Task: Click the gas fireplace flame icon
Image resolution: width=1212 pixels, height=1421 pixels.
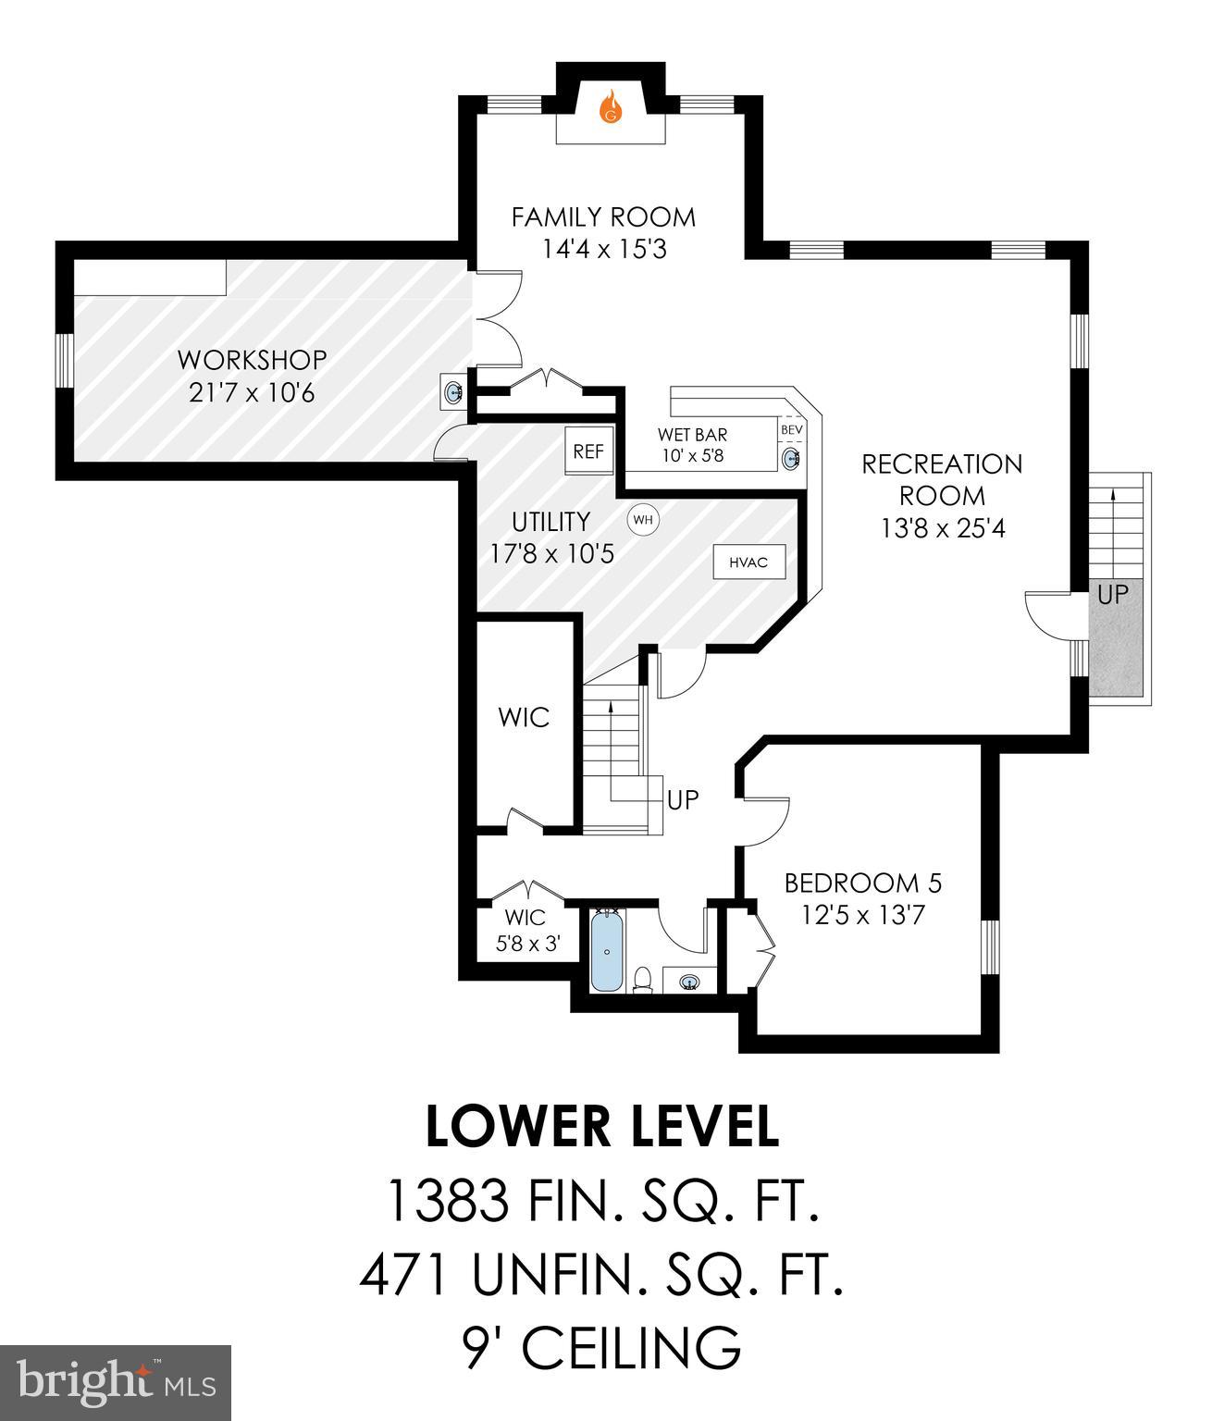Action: point(610,107)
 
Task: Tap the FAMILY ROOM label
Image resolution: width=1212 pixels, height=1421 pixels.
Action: point(603,217)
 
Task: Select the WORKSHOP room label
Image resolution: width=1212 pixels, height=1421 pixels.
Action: point(252,359)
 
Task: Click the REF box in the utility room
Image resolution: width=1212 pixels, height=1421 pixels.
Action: point(588,451)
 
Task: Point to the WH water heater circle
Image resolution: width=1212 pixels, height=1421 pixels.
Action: point(643,520)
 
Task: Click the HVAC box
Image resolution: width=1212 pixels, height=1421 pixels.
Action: point(748,562)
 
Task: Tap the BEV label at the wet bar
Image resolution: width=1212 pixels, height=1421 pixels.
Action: point(792,430)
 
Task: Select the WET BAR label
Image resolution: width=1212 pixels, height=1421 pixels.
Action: point(692,434)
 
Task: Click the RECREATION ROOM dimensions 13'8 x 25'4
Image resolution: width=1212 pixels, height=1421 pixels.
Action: point(943,527)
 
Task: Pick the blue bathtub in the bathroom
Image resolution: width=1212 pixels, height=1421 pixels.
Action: point(607,950)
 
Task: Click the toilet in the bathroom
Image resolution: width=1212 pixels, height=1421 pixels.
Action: point(643,979)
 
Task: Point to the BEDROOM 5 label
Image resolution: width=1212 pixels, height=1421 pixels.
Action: point(862,883)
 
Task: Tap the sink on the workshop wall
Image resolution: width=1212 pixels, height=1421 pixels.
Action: point(453,393)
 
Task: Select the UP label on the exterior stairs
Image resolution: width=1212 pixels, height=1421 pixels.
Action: point(1112,594)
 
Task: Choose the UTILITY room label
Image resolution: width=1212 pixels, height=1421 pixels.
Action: point(551,522)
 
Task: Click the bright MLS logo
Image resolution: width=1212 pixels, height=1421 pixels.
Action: point(116,1382)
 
